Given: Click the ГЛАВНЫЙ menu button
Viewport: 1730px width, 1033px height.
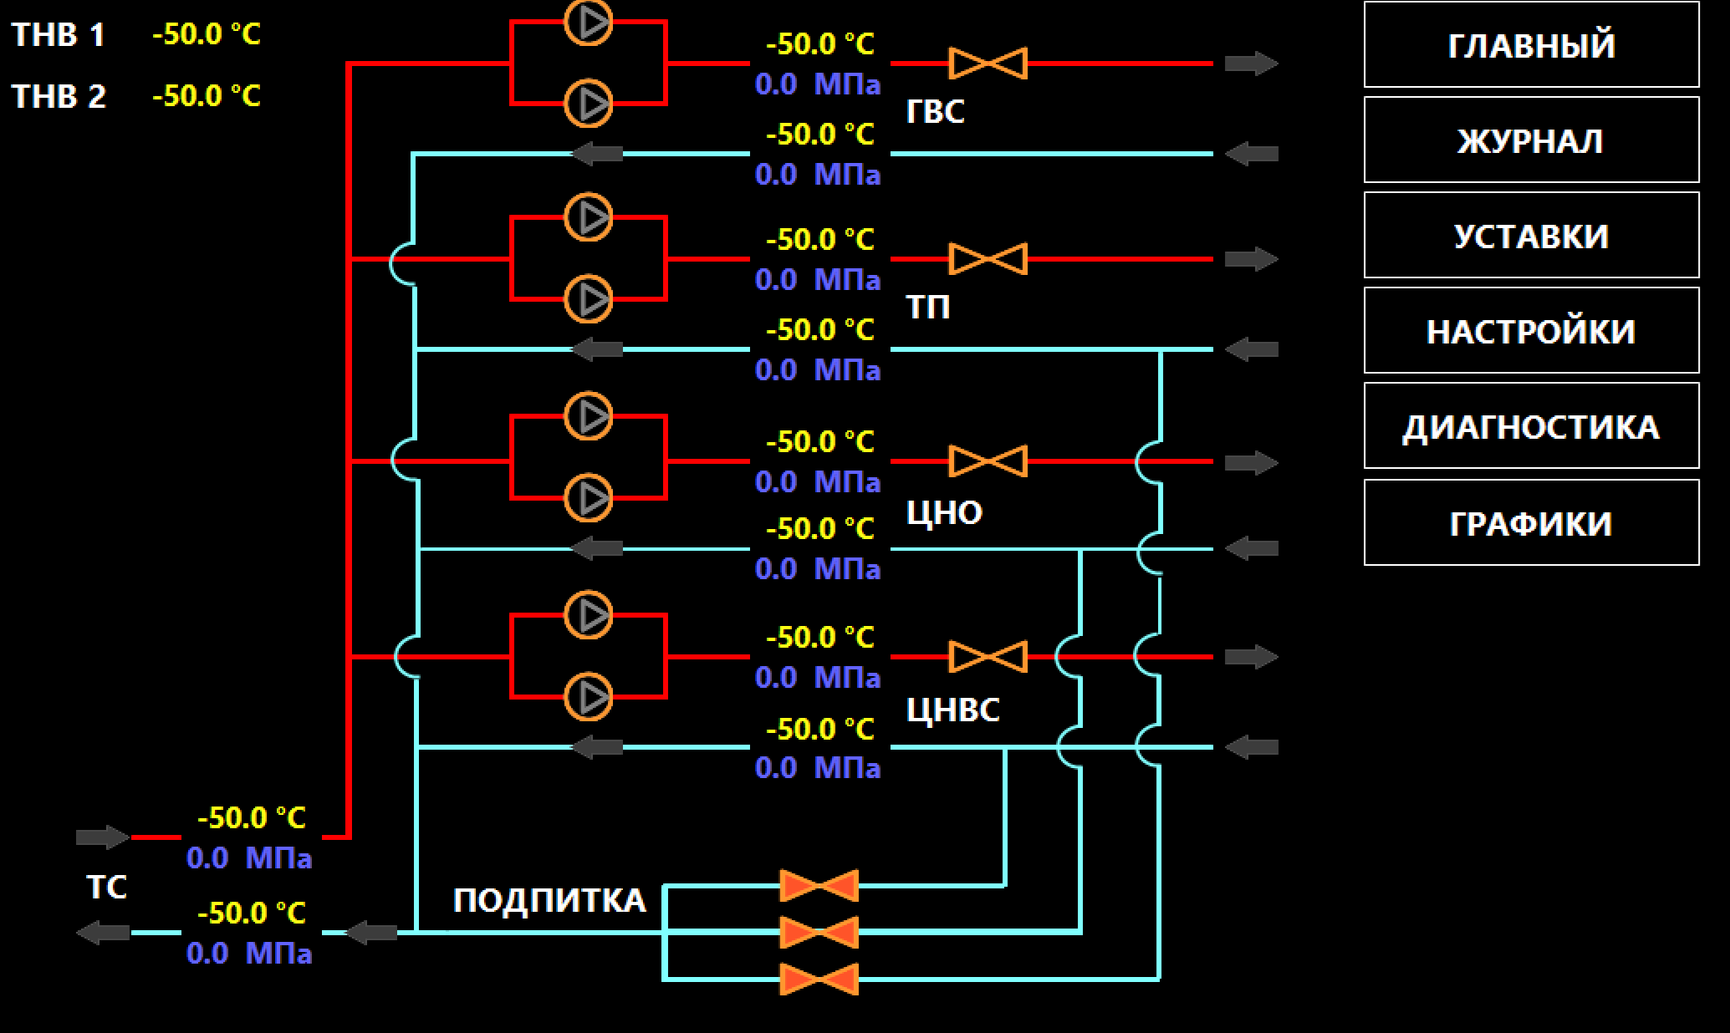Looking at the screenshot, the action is [1531, 44].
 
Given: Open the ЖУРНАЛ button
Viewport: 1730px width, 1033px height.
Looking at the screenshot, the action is [1531, 140].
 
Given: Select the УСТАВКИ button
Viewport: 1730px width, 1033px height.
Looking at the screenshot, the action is [1531, 235].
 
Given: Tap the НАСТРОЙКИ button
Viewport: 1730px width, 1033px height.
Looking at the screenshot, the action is [1531, 330].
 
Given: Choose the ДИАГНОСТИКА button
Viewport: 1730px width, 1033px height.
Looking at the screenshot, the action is [1531, 425].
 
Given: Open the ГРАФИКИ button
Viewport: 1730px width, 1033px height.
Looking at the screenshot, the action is [1531, 522].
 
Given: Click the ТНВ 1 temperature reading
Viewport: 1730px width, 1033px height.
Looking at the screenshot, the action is [207, 34].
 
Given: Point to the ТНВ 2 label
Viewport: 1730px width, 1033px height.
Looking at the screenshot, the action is [59, 96].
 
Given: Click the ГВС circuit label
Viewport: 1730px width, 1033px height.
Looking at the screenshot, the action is [936, 111].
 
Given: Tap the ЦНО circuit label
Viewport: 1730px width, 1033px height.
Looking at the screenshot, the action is [945, 512].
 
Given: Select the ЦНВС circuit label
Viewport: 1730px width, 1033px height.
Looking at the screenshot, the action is [953, 710].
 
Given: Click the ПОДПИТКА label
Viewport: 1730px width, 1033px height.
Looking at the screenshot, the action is [549, 901].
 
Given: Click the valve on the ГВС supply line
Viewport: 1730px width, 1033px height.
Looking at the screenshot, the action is [988, 64].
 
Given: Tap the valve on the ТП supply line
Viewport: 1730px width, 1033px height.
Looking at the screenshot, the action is [988, 259].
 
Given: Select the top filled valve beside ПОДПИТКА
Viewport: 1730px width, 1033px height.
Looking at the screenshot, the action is [819, 886].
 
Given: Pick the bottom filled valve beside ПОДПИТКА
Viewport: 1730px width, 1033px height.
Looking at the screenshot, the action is [819, 980].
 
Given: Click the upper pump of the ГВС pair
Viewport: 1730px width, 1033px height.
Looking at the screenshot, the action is [589, 22].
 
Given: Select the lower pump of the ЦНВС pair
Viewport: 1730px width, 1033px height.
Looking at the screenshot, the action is [589, 697].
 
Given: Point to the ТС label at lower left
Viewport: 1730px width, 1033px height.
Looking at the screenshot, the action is [107, 887].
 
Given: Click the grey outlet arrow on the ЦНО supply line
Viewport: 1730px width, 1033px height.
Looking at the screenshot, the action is [1252, 462].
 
